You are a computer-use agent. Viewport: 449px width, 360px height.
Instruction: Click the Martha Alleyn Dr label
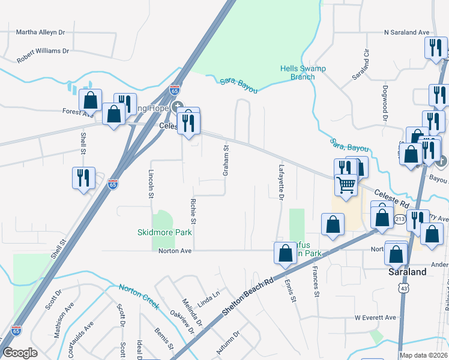coord(40,32)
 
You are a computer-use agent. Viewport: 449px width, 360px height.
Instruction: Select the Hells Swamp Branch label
coord(303,73)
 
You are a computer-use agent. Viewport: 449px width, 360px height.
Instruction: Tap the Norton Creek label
coord(139,296)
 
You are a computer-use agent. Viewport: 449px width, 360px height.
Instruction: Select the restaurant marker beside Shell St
coord(83,177)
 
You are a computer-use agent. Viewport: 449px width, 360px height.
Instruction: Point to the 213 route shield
coord(400,220)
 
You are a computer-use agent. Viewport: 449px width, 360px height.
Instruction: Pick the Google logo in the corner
coord(20,353)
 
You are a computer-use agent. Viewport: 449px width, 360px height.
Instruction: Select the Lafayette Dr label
coord(280,181)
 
